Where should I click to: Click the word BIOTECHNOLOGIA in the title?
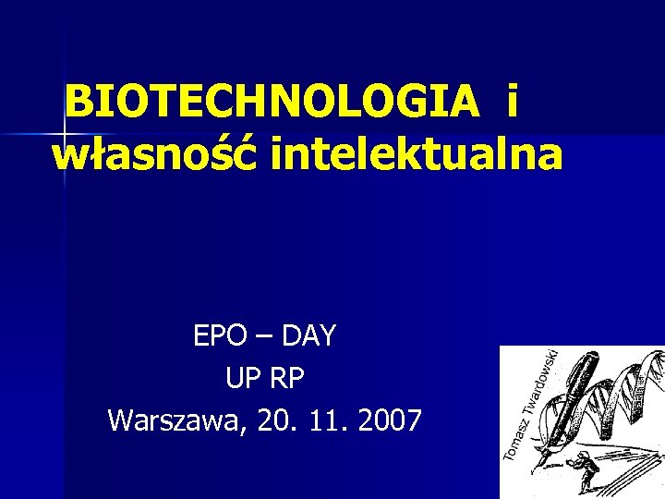click(273, 103)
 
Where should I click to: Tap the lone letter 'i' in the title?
click(511, 103)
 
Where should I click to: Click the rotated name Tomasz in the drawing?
click(514, 433)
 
